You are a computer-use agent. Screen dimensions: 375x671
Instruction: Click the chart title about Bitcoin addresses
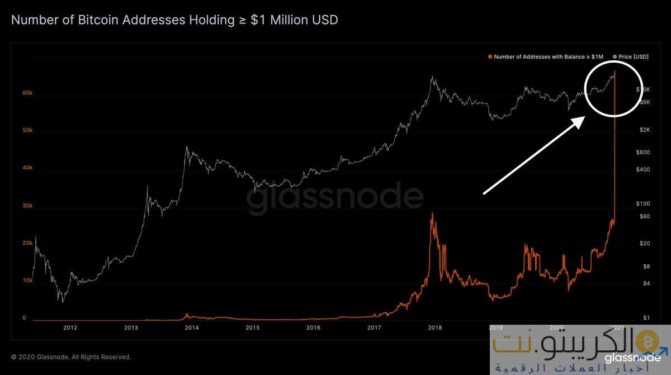[174, 20]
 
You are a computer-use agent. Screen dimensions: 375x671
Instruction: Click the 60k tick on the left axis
[27, 93]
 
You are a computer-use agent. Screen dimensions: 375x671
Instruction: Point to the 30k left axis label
[27, 206]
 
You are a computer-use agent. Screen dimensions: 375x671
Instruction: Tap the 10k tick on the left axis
[27, 281]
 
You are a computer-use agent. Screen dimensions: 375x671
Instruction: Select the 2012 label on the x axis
[70, 327]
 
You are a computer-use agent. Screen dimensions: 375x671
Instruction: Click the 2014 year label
[192, 327]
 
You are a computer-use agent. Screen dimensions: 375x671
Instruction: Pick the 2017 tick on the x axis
[375, 327]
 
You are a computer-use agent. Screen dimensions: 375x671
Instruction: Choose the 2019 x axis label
[495, 327]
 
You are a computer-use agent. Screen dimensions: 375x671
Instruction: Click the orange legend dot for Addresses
[490, 57]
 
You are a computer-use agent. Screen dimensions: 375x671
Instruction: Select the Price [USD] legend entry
[631, 57]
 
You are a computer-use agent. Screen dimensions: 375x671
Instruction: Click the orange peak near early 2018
[432, 213]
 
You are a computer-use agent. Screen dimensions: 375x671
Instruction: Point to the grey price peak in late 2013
[186, 148]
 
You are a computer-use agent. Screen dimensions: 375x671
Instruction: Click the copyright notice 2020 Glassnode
[70, 357]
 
